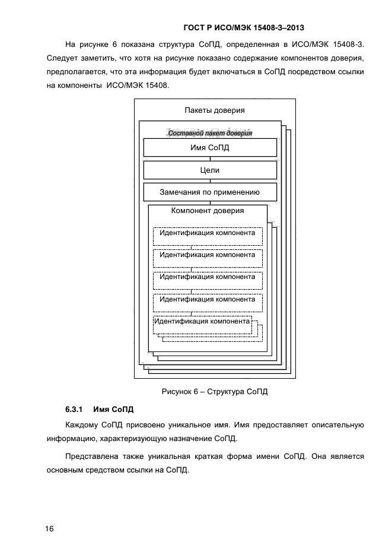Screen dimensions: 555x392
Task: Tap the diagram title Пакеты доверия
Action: coord(215,110)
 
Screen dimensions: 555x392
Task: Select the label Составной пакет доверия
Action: coord(211,133)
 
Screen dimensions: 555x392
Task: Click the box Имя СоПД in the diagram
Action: coord(210,148)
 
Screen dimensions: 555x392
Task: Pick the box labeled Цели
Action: coord(210,170)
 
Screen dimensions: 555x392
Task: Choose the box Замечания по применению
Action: coord(210,192)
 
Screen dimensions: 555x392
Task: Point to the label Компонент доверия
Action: coord(208,211)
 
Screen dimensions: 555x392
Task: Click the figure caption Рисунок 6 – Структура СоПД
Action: coord(215,391)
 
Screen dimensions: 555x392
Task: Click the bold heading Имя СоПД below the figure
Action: coord(114,410)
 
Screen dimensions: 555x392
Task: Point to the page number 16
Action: coord(49,529)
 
